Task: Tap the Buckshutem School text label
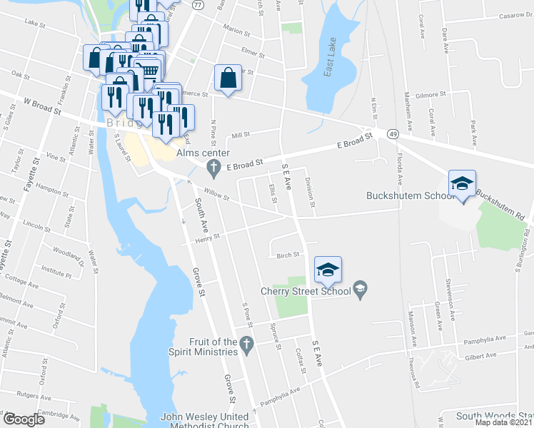[x=410, y=195]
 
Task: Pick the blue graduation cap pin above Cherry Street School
[x=328, y=270]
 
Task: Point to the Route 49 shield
[x=393, y=133]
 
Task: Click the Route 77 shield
[x=198, y=4]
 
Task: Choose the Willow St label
[x=216, y=193]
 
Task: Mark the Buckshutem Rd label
[x=500, y=195]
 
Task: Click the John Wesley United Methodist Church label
[x=204, y=421]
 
